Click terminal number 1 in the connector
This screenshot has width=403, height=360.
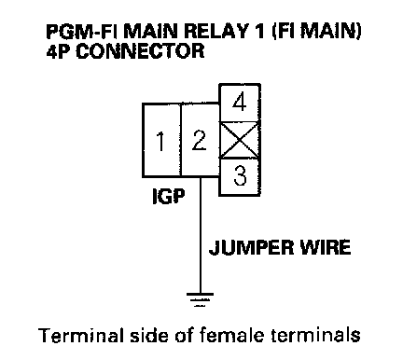tap(161, 140)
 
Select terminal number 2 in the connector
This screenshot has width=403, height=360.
tap(200, 140)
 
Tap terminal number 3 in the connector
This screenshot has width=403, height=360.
tap(240, 177)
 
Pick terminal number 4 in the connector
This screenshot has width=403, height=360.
tap(240, 103)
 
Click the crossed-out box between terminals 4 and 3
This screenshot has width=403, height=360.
tap(240, 140)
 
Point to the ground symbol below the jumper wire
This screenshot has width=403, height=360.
tap(200, 299)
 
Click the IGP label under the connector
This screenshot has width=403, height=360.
tap(169, 196)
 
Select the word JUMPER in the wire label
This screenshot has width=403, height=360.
tap(251, 247)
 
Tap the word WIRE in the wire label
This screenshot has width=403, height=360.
tap(325, 247)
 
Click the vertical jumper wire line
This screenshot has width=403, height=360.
tap(200, 235)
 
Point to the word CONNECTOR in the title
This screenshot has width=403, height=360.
tap(140, 51)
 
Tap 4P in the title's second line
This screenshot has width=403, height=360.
tap(59, 51)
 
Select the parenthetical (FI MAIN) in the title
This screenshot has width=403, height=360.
tap(316, 32)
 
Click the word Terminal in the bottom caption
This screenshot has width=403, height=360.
tap(80, 336)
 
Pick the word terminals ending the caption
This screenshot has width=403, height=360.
tap(316, 336)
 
